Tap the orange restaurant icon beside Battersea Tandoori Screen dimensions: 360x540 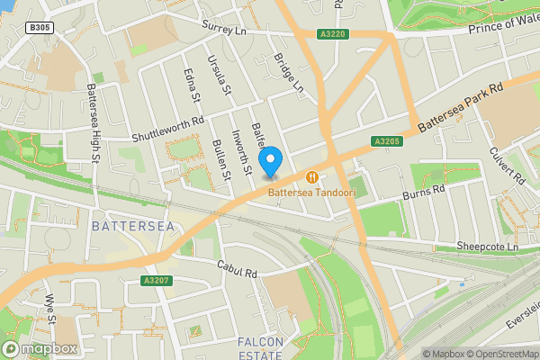[x=312, y=176]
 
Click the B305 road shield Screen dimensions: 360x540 [x=40, y=28]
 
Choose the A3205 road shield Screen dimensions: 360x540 [x=385, y=141]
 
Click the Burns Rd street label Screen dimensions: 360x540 [x=424, y=191]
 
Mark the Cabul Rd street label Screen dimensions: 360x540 [x=238, y=268]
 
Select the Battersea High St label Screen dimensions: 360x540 [x=93, y=124]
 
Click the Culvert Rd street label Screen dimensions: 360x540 [x=508, y=166]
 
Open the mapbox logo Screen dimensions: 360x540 [x=40, y=347]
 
